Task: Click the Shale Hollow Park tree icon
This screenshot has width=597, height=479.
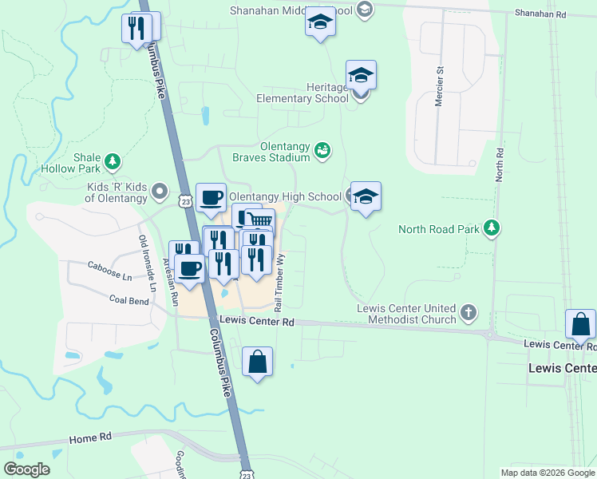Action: click(113, 163)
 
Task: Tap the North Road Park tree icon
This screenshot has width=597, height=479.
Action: click(493, 229)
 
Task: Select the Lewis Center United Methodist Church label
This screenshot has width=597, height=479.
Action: click(406, 314)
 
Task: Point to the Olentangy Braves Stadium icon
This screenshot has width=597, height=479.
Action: click(322, 150)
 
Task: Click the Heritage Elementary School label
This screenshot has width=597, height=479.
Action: click(303, 93)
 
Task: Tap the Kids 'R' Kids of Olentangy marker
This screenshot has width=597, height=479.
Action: click(160, 191)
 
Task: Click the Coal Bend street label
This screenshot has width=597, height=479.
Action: click(129, 300)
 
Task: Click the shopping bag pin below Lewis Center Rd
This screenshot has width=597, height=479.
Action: click(257, 363)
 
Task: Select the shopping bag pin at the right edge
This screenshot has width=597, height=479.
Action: click(580, 326)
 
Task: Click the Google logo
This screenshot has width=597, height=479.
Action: click(26, 469)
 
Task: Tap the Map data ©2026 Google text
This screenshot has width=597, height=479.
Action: click(547, 473)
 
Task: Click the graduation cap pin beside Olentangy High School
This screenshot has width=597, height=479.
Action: click(365, 196)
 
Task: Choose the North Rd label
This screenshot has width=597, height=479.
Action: click(499, 164)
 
